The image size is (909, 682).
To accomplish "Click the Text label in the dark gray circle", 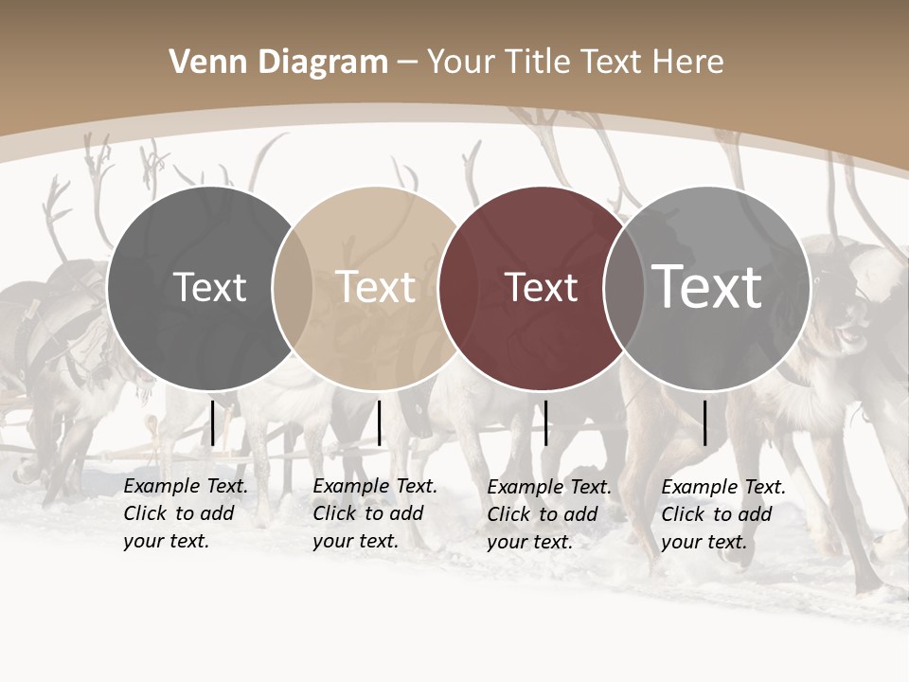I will click(209, 287).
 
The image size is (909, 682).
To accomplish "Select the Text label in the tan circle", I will click(376, 287).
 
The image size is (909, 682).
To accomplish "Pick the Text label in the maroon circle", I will click(541, 287).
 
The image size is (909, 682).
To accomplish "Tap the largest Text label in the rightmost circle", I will click(707, 287).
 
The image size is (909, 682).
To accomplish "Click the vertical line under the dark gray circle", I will click(213, 422).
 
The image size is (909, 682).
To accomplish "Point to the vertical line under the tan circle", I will click(379, 422).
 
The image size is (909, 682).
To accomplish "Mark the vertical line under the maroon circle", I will click(545, 422).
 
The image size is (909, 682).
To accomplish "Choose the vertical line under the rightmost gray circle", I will click(704, 422).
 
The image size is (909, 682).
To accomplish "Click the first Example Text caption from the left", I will click(186, 513).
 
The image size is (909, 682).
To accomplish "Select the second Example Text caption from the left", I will click(375, 513).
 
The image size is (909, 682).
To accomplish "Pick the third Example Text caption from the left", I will click(549, 514).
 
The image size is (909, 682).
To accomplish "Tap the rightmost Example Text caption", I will click(723, 514).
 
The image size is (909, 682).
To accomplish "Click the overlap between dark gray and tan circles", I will click(293, 288).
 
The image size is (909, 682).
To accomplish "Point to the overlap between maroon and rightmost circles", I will click(624, 288).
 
